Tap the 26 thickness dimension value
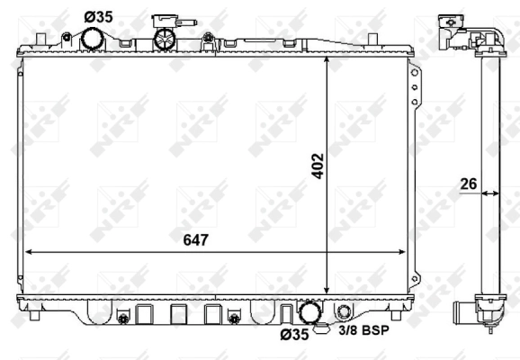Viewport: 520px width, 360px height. [467, 185]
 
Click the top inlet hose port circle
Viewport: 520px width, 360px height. [92, 39]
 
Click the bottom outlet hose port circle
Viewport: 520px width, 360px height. [311, 312]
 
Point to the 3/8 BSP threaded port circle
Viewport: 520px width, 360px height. [345, 312]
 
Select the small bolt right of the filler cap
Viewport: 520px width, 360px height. [208, 38]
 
